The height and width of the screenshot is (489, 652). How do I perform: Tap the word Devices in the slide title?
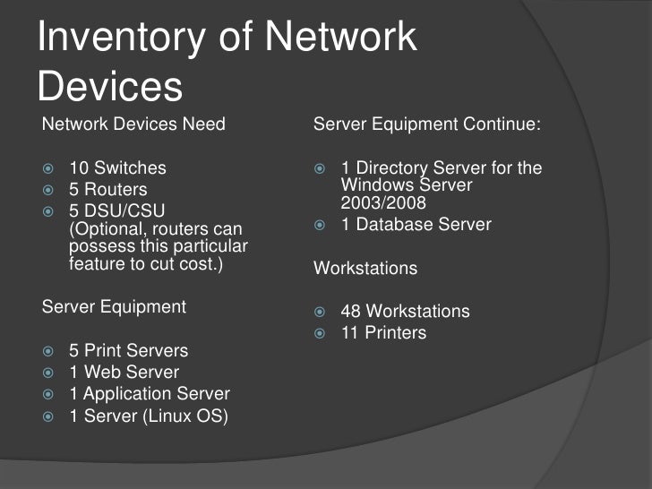point(111,88)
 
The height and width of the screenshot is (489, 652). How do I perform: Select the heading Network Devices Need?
point(133,124)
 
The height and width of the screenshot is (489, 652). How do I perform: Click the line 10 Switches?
point(117,168)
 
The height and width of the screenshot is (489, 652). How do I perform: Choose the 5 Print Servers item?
point(128,351)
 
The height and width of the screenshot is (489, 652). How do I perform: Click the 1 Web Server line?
point(124,373)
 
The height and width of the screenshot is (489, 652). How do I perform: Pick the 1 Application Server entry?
point(149,394)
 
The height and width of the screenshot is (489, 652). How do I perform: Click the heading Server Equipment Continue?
point(427,124)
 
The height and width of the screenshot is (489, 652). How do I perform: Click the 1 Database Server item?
point(416,224)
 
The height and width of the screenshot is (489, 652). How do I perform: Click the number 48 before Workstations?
point(351,312)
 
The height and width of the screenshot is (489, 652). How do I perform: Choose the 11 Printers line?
point(383,333)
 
